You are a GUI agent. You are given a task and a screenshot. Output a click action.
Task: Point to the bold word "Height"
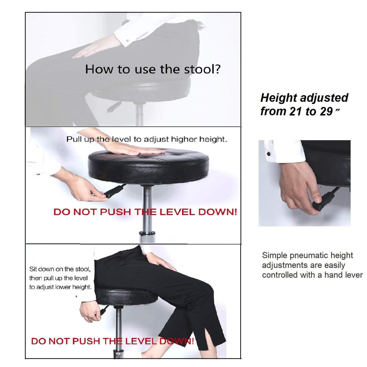pyautogui.click(x=274, y=98)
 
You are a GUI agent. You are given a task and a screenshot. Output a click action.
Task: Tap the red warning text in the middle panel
pyautogui.click(x=145, y=212)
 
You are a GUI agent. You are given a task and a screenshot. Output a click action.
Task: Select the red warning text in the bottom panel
pyautogui.click(x=112, y=341)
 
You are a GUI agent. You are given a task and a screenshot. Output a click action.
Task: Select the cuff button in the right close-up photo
pyautogui.click(x=268, y=154)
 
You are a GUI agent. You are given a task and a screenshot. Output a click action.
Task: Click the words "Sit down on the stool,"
pyautogui.click(x=60, y=269)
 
